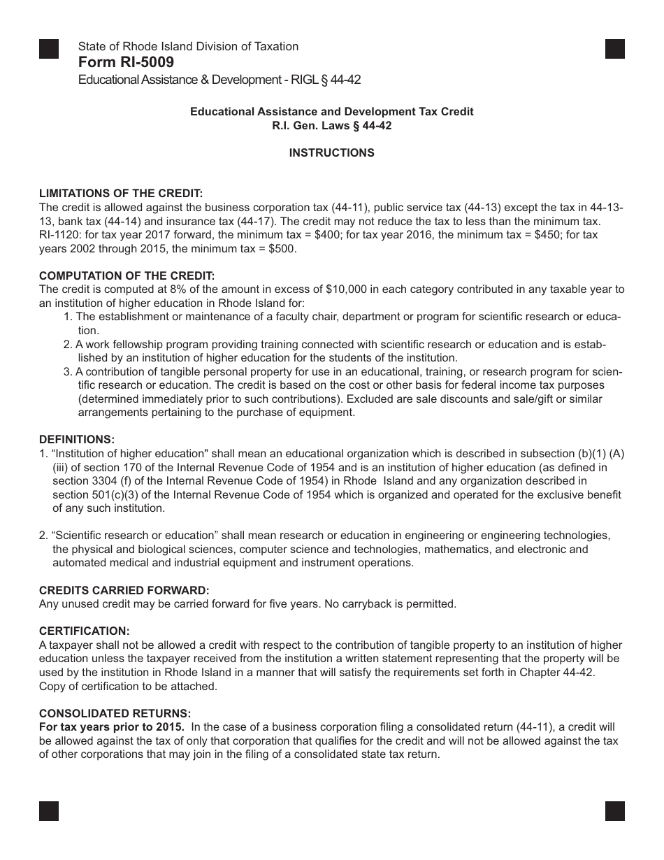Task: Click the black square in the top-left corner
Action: tap(49, 49)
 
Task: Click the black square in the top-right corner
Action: tap(614, 49)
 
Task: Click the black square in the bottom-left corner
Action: tap(49, 810)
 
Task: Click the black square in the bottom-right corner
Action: tap(614, 810)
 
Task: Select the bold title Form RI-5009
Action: tap(126, 63)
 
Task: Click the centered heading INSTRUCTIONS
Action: tap(332, 152)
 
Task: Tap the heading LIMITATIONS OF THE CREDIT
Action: tap(121, 194)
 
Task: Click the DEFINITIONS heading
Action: tap(77, 440)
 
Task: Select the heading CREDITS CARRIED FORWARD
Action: tap(124, 590)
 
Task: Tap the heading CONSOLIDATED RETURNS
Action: tap(115, 714)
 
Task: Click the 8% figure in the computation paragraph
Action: tap(161, 289)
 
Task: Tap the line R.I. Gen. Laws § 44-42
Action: tap(332, 126)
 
